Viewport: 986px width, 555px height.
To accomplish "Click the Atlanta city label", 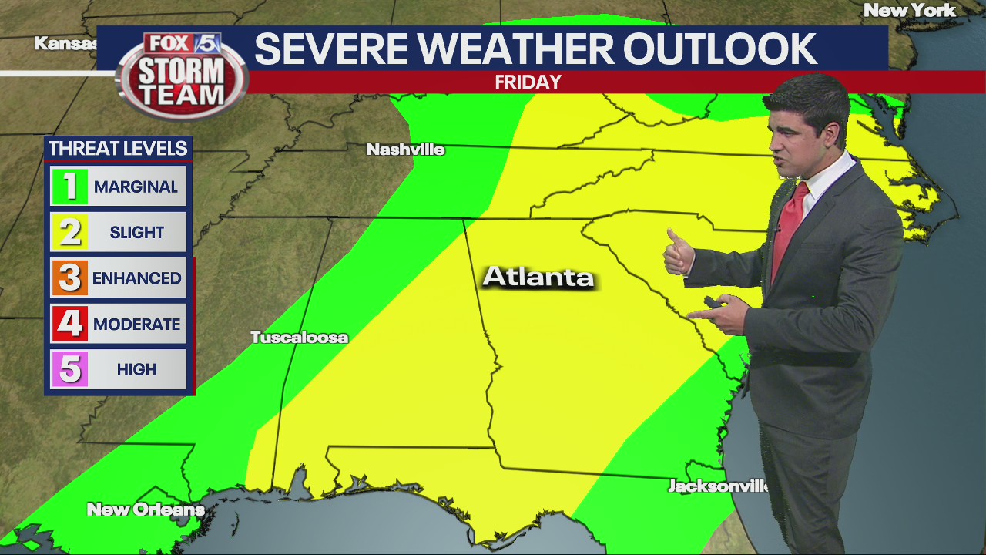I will [x=538, y=277].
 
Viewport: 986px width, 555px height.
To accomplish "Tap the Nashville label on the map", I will [x=405, y=150].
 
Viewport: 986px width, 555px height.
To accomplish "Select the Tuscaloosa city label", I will [x=299, y=338].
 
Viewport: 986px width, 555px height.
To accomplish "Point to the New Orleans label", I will [x=146, y=510].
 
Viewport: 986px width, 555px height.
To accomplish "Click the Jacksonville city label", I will [x=718, y=486].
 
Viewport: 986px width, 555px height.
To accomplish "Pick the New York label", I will [x=910, y=11].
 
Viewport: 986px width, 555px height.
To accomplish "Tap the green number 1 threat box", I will [x=69, y=187].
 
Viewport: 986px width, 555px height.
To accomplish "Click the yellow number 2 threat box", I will [x=69, y=232].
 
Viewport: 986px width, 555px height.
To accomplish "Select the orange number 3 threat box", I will [x=69, y=278].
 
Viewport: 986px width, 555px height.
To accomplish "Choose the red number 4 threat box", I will [x=69, y=324].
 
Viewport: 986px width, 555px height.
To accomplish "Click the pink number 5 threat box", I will [x=69, y=369].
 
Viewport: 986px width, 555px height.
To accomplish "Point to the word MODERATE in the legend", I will [x=137, y=325].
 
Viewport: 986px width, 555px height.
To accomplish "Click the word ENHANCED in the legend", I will [x=137, y=278].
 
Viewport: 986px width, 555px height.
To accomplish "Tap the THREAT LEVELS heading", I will [x=118, y=148].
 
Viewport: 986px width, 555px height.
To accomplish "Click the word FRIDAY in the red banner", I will [x=528, y=82].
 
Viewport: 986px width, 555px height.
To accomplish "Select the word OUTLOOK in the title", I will [x=719, y=49].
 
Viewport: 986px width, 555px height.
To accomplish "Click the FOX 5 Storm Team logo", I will [x=182, y=75].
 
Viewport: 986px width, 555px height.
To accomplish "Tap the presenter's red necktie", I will [x=787, y=224].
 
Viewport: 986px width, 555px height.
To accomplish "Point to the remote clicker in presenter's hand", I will [x=713, y=303].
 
